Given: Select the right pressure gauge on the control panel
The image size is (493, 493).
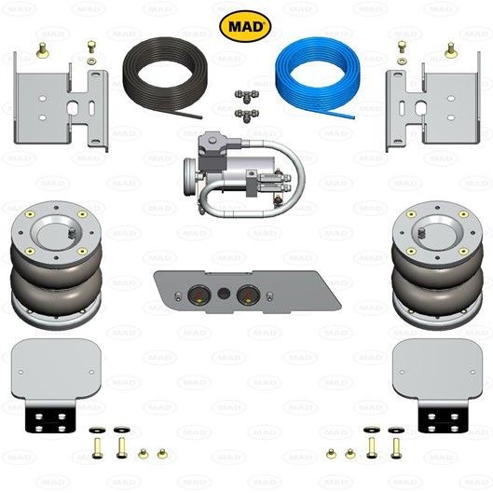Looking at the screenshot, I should click(x=246, y=297).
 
